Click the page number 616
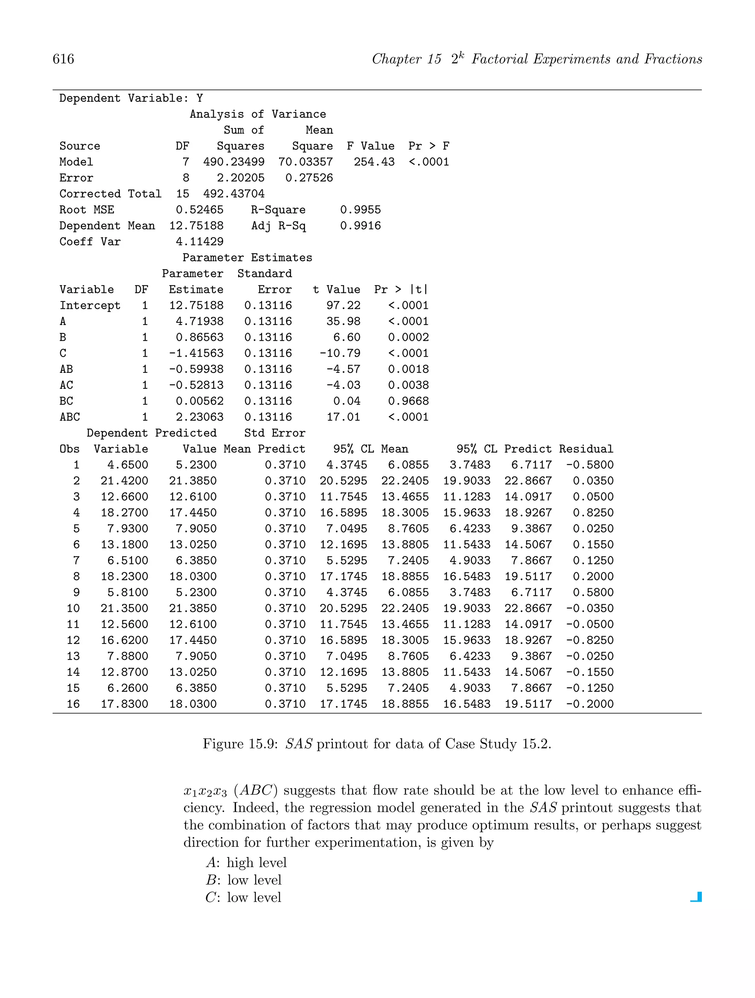click(63, 59)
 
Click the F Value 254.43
click(374, 162)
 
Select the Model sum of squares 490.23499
click(234, 162)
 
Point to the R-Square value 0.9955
click(361, 210)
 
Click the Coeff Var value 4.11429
click(199, 242)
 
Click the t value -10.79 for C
click(340, 353)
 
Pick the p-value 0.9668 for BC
click(408, 401)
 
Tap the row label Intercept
click(90, 305)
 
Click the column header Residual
click(586, 449)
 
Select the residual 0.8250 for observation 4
click(593, 513)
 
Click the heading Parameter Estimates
click(247, 258)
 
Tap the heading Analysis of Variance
click(258, 114)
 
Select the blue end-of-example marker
click(696, 897)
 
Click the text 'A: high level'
click(246, 863)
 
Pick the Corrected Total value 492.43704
click(234, 194)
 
